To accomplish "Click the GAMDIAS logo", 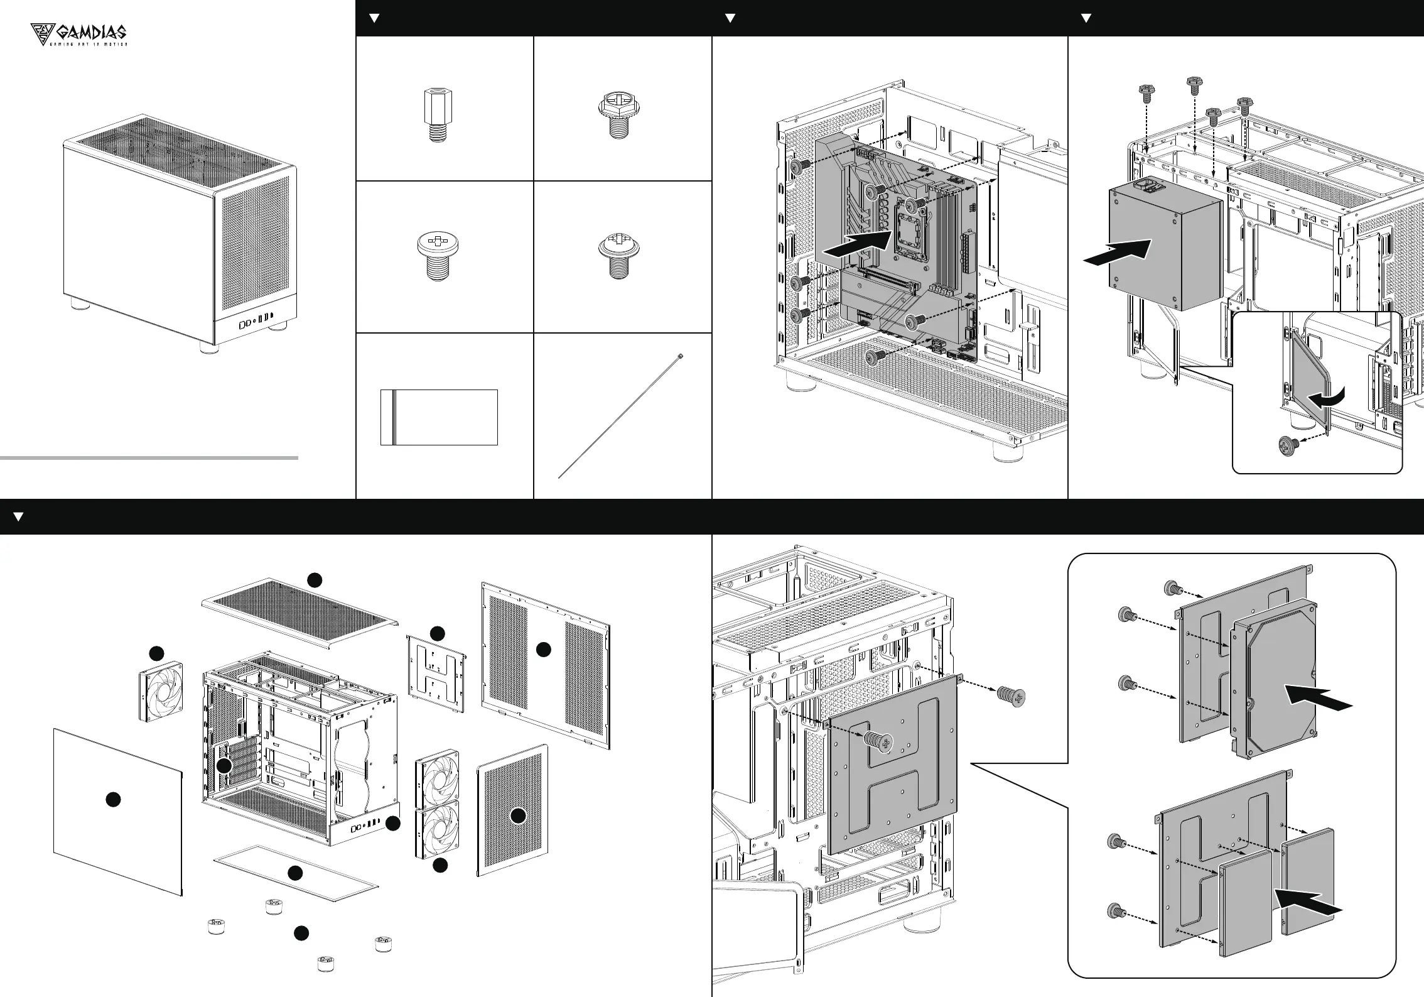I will coord(79,35).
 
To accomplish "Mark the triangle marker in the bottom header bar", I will coord(18,516).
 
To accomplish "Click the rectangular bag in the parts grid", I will coord(439,417).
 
